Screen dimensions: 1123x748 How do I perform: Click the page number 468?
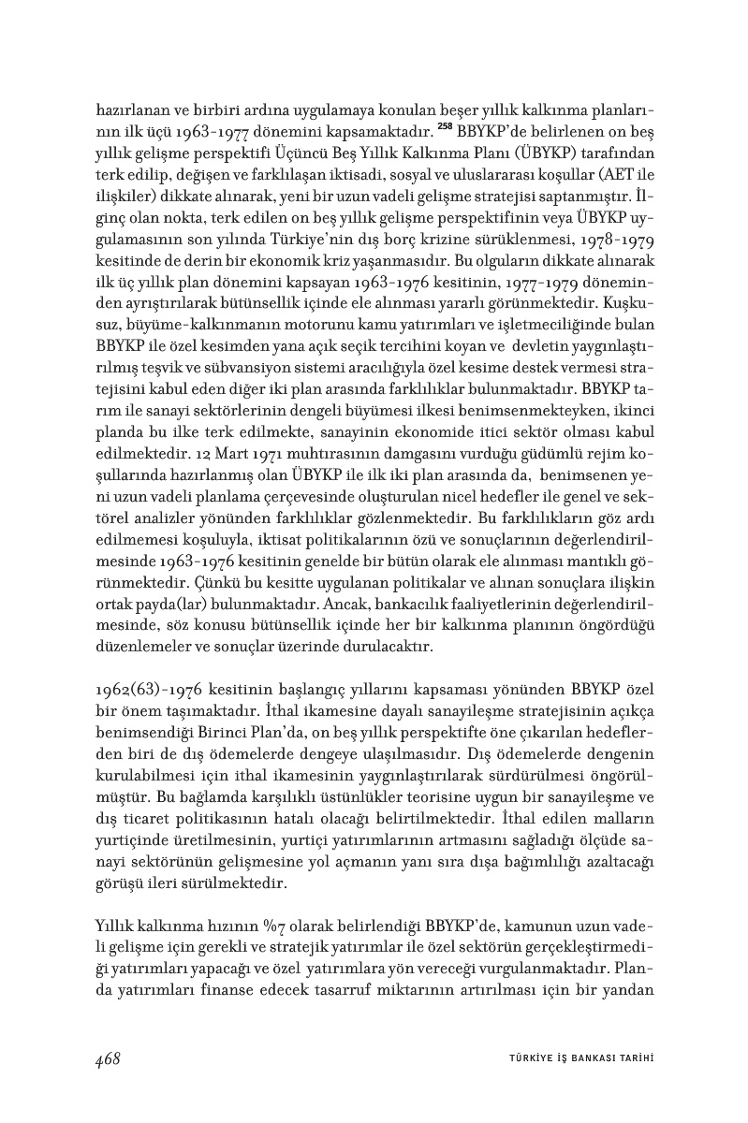click(108, 1058)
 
